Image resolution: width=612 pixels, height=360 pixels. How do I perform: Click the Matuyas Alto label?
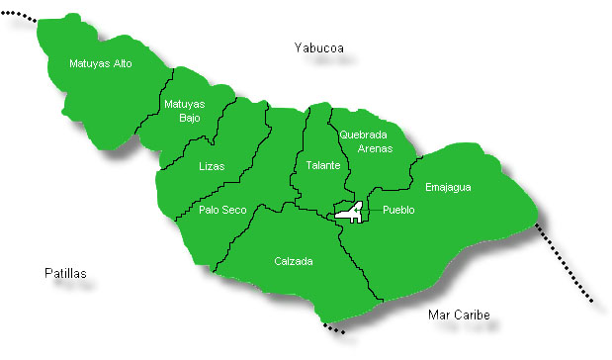[101, 64]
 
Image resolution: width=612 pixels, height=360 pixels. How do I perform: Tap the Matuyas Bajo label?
[185, 111]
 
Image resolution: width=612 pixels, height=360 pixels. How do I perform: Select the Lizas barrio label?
[212, 166]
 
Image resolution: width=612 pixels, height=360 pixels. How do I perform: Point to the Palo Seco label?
[222, 210]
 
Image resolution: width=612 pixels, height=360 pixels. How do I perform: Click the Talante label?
[322, 165]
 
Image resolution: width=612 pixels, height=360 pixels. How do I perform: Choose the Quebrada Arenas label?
[365, 141]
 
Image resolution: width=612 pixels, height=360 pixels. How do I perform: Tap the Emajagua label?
[448, 187]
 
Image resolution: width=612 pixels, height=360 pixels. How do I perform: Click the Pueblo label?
[398, 211]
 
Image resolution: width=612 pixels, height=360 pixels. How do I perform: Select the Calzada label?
[294, 262]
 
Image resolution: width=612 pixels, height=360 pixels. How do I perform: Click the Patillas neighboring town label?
[66, 273]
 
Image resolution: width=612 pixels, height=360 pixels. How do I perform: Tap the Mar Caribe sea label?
[459, 315]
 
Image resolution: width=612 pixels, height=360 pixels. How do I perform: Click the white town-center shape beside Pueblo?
[349, 211]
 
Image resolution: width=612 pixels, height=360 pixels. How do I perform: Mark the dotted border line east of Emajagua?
[566, 266]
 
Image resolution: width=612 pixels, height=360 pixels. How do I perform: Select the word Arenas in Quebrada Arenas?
[375, 149]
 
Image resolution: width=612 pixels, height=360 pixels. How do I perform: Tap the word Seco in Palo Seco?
[234, 210]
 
